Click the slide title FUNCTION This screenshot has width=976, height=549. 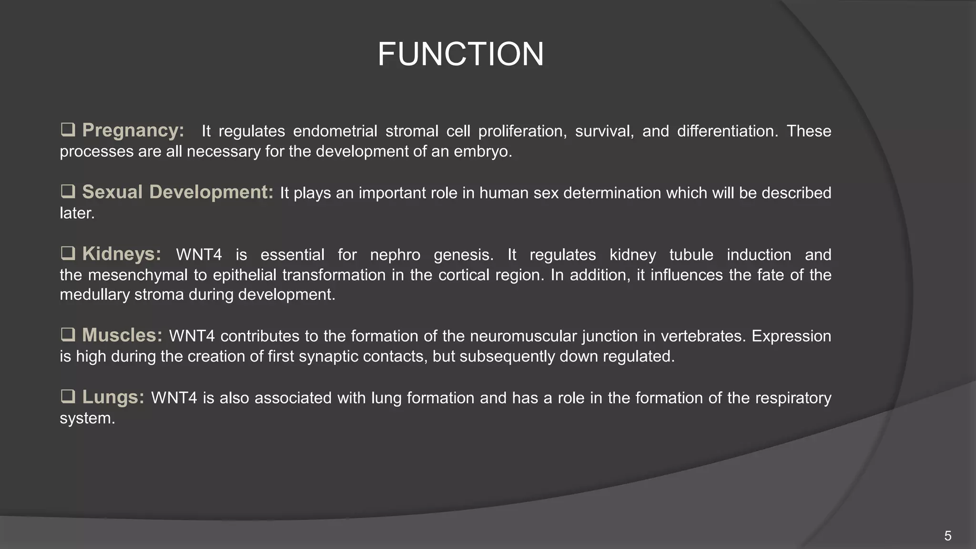pos(460,54)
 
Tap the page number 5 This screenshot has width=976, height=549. pos(947,536)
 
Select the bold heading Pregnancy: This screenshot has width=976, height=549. pos(133,130)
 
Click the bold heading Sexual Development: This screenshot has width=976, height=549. pos(177,192)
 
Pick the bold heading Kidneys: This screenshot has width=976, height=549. pos(122,254)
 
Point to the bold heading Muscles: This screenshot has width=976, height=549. pos(122,335)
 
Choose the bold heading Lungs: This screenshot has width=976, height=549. pos(113,397)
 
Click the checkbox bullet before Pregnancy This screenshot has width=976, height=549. pos(68,130)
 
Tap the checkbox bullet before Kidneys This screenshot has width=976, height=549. pos(68,254)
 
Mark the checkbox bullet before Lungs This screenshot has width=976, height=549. pos(68,396)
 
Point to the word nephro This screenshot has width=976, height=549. pos(395,255)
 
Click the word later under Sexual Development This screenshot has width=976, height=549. pos(76,213)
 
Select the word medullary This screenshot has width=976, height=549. pos(94,295)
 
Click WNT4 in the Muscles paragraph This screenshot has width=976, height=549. pos(192,336)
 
